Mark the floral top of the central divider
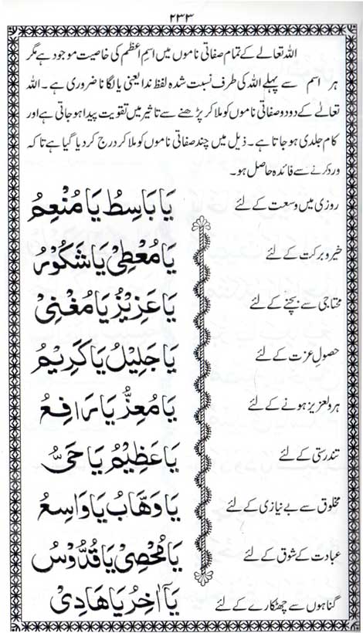(202, 227)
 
